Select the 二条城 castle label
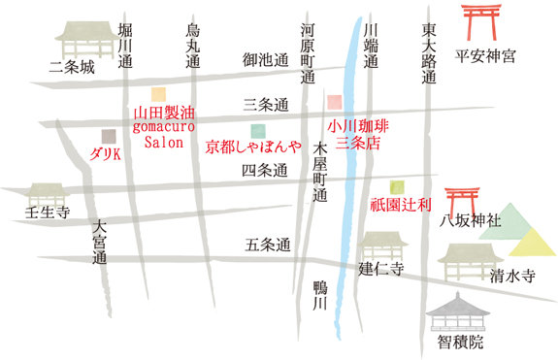click(75, 68)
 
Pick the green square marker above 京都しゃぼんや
click(257, 130)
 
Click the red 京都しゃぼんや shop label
click(254, 148)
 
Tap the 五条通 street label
click(268, 245)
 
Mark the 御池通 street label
click(266, 60)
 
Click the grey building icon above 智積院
click(460, 311)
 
